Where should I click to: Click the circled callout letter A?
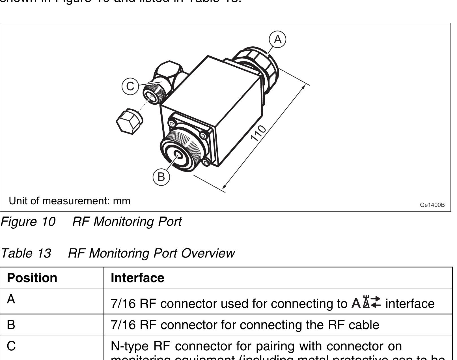click(x=277, y=39)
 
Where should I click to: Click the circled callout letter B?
click(x=161, y=177)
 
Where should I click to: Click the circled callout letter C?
click(x=130, y=86)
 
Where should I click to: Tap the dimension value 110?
click(x=258, y=133)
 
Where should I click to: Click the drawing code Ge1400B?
click(x=432, y=205)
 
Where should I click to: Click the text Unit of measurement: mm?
click(x=70, y=201)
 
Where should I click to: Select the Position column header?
click(x=32, y=278)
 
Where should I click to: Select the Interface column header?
click(x=137, y=278)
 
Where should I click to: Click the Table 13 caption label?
click(x=26, y=253)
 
